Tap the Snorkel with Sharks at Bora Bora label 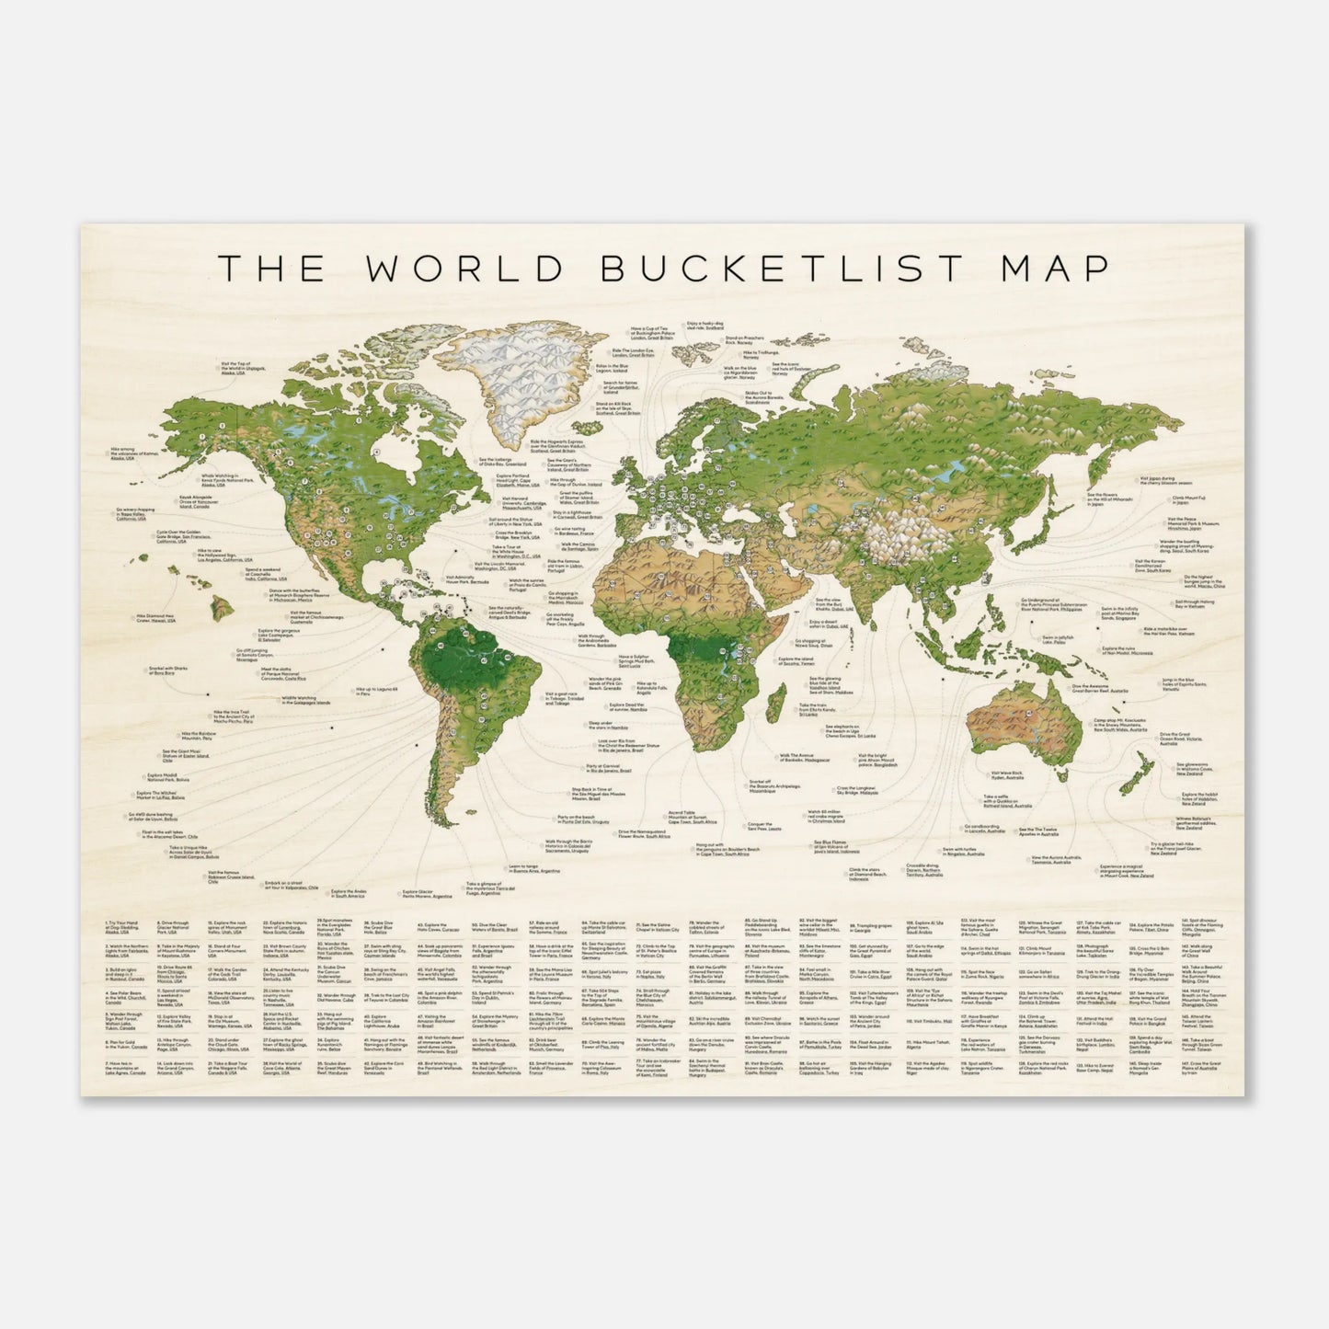[162, 672]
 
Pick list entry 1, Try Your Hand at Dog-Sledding [126, 922]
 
